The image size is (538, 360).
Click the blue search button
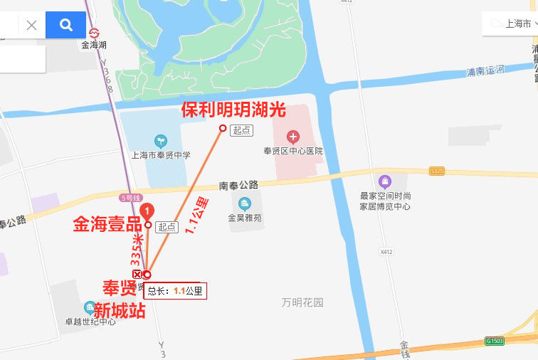(x=65, y=26)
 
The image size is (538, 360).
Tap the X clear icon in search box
(x=31, y=26)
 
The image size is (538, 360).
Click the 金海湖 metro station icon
(x=93, y=32)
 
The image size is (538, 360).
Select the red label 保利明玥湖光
(x=233, y=110)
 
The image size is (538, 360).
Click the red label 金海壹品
(x=107, y=225)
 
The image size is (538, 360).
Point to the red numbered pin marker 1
(x=147, y=211)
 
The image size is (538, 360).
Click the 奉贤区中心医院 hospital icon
(x=292, y=136)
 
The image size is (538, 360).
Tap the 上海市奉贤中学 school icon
(x=159, y=141)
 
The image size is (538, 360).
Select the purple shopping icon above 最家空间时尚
(x=385, y=181)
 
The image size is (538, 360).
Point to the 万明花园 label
(x=302, y=302)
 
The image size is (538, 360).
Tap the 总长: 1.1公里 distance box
(x=175, y=291)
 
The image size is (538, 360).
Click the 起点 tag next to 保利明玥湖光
(x=242, y=129)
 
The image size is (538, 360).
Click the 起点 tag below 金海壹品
(x=167, y=227)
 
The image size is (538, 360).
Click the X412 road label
(x=386, y=251)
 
